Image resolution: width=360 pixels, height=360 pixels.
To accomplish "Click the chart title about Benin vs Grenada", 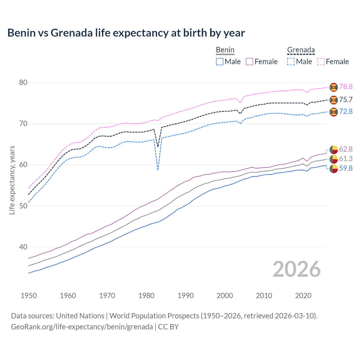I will click(x=126, y=33).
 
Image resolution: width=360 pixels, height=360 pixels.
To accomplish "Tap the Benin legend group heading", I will click(x=225, y=50).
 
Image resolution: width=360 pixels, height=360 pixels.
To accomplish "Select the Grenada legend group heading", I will click(x=301, y=50).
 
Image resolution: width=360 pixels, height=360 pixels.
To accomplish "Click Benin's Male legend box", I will click(x=220, y=62).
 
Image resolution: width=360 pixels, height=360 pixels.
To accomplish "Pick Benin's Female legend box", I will click(x=249, y=62).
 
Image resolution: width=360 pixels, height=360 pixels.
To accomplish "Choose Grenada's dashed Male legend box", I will click(x=291, y=62).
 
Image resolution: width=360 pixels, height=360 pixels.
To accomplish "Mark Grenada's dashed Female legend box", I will click(x=321, y=62).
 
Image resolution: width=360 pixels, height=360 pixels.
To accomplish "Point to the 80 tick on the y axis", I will click(x=23, y=83).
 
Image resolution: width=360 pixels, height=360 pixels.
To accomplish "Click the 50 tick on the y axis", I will click(x=23, y=206).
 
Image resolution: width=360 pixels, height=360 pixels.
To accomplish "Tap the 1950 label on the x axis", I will click(x=29, y=296).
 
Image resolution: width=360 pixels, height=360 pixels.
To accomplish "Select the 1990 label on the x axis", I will click(x=186, y=296).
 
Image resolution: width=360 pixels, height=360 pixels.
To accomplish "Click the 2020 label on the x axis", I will click(x=303, y=296).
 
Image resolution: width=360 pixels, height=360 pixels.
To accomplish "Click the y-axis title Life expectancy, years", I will click(x=12, y=180).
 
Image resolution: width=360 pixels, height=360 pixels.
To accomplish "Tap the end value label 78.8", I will click(x=346, y=87).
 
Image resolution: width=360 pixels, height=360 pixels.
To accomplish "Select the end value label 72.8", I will click(x=346, y=112).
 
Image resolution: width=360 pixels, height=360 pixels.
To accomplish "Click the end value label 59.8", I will click(x=346, y=168).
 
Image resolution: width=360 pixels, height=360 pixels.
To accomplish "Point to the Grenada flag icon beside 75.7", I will click(x=334, y=100).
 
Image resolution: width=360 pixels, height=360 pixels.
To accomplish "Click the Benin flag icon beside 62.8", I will click(x=334, y=149).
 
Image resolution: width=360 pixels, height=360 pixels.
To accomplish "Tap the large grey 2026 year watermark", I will click(x=296, y=269).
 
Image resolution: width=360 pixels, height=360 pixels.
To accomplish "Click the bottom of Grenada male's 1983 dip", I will click(x=158, y=170).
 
